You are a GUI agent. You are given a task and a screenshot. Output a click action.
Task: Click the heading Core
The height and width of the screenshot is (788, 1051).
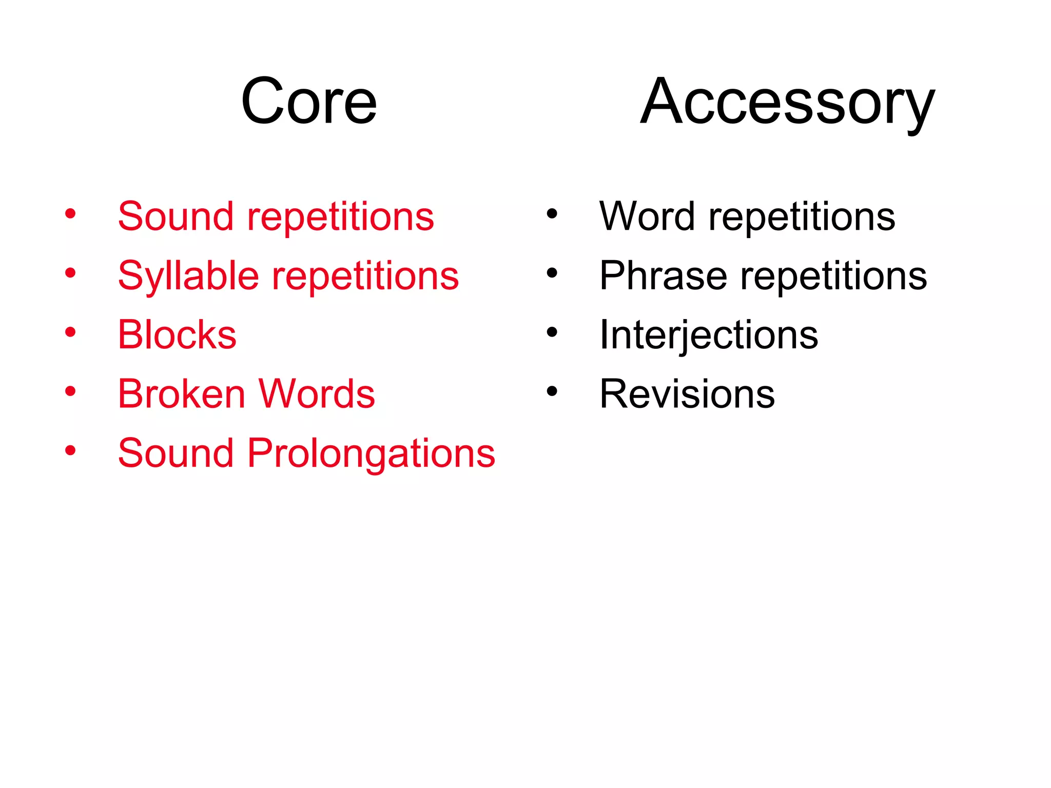pos(309,101)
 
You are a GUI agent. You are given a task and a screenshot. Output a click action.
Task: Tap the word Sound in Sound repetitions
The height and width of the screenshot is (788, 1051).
pos(176,216)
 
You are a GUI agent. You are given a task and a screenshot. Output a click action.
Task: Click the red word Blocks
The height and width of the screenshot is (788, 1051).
pos(177,335)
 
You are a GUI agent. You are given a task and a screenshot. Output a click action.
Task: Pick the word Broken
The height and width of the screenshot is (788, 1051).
pos(182,394)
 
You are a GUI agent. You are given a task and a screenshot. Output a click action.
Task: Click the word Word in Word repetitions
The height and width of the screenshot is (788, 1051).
pos(647,216)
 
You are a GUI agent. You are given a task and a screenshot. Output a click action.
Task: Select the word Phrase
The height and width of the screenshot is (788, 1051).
pos(663,276)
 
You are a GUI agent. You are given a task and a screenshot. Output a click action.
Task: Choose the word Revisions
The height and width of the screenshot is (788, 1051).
pos(687,394)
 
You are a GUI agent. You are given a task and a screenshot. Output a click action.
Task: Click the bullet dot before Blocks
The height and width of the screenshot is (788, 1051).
pos(70,332)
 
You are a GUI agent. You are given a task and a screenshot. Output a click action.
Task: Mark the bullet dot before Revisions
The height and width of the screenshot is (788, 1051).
pos(552,392)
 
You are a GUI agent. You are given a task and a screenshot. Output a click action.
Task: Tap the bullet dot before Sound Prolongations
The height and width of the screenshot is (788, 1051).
pos(70,451)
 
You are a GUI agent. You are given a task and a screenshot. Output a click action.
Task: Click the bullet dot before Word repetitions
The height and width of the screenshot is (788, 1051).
pos(552,214)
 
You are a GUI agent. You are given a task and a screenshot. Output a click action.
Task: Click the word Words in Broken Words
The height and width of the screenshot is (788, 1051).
pos(316,394)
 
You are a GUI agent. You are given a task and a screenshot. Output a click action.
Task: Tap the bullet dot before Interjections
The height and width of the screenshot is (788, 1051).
pos(552,332)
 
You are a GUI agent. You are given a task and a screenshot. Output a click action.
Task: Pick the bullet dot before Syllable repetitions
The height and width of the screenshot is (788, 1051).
pos(70,273)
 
